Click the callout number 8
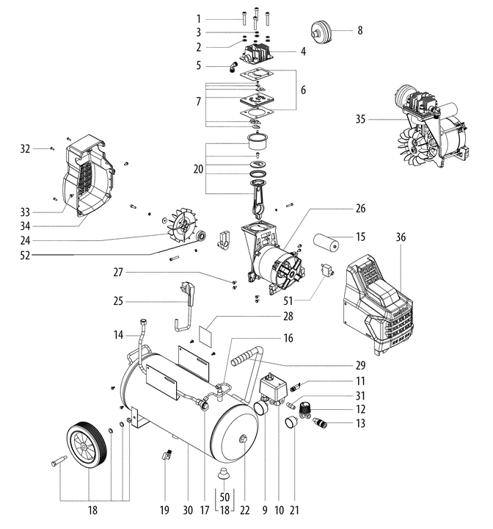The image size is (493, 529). (x=360, y=31)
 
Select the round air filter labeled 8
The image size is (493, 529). (x=321, y=32)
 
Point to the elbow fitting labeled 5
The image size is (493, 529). (x=232, y=68)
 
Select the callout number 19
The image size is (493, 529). (x=164, y=509)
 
